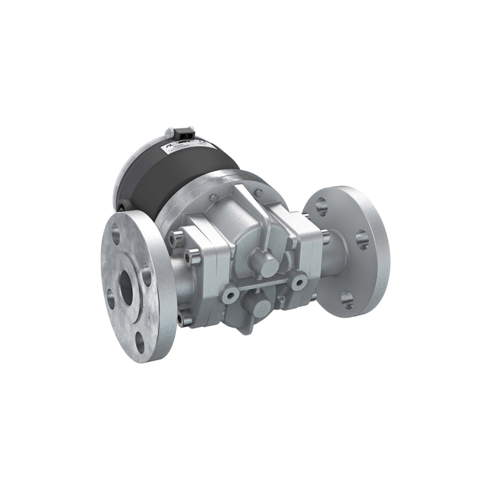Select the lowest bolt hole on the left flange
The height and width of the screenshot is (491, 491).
pos(140,342)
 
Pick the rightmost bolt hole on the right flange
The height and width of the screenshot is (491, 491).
pos(362,240)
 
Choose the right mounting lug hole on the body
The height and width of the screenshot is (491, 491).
pos(300,281)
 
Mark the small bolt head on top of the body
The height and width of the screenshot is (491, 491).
pos(259,192)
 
